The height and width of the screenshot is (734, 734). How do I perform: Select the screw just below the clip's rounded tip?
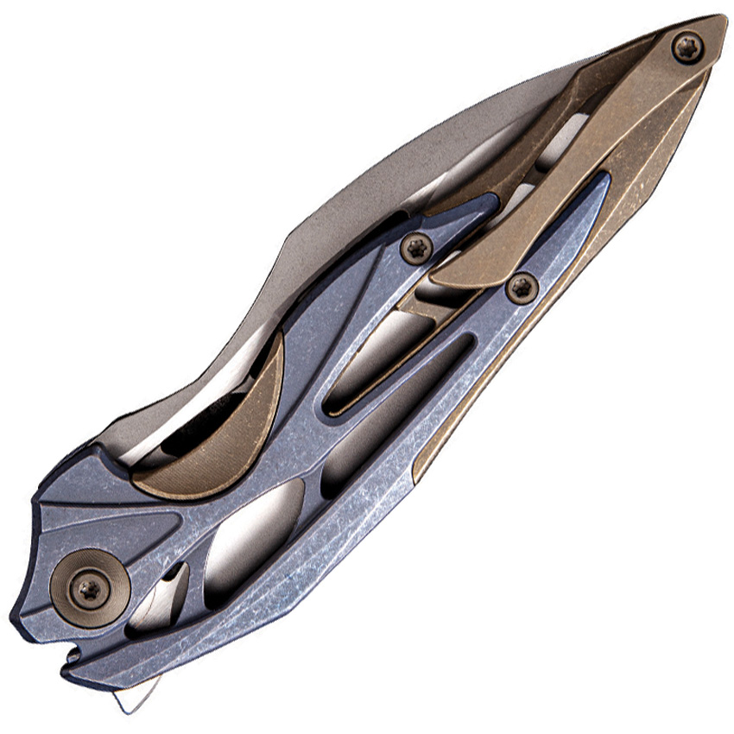[x=522, y=287]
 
